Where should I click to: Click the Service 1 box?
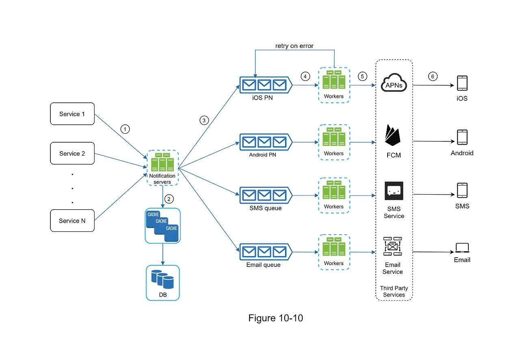tap(72, 114)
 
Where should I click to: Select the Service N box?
tap(72, 221)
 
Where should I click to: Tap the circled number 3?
tap(204, 120)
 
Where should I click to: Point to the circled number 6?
tap(433, 76)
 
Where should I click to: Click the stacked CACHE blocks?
tap(162, 225)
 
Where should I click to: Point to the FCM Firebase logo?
tap(393, 136)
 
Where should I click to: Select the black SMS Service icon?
tap(394, 191)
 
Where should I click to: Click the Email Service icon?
tap(392, 247)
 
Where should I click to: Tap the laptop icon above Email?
tap(462, 247)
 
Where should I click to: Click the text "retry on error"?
tap(295, 46)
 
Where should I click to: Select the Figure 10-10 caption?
tap(275, 318)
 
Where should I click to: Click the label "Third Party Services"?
tap(394, 291)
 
